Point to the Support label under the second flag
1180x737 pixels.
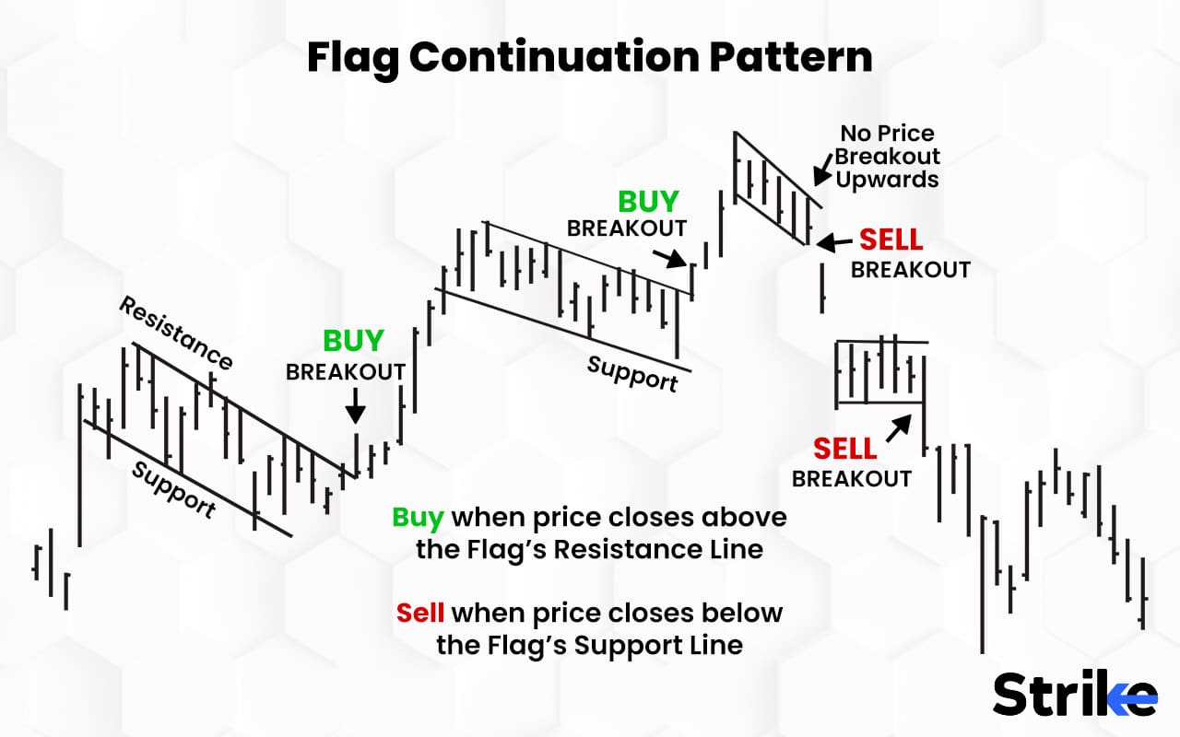pos(632,373)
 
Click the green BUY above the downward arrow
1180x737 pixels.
pos(353,341)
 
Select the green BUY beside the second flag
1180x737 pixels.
pos(648,202)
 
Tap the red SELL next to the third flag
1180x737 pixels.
pos(891,240)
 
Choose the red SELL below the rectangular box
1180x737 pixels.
pos(844,450)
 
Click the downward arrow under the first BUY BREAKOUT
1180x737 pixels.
pos(356,406)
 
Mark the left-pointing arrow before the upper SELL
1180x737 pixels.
pos(835,241)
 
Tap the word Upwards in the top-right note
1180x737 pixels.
pos(887,179)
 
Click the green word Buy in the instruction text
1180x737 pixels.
pos(418,517)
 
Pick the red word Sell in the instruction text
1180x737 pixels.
pos(420,613)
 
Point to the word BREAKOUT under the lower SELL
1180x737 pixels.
pos(851,479)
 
